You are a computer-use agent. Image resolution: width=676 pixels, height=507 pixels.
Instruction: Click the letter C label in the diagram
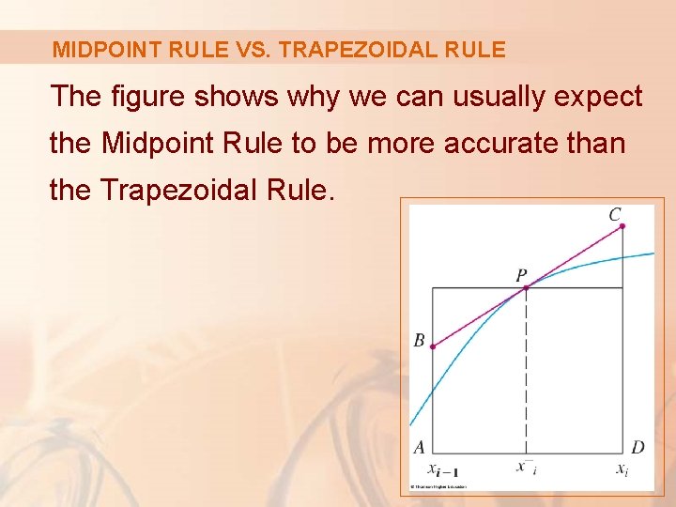point(614,215)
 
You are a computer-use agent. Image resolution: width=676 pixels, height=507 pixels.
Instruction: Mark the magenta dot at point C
point(622,226)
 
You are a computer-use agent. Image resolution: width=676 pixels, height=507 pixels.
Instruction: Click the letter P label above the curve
point(521,275)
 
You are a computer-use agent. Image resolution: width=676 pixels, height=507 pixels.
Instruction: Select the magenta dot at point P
point(526,287)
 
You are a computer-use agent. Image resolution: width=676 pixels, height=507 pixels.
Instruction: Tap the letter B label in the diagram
point(420,340)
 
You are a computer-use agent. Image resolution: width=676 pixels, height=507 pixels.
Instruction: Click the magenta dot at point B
point(432,346)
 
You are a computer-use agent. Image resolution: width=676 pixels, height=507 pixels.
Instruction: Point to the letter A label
point(420,447)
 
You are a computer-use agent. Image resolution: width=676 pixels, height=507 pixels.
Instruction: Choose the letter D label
point(638,447)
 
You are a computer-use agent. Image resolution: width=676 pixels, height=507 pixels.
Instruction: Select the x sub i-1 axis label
point(442,469)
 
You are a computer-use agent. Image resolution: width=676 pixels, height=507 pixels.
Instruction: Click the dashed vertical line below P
point(526,376)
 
